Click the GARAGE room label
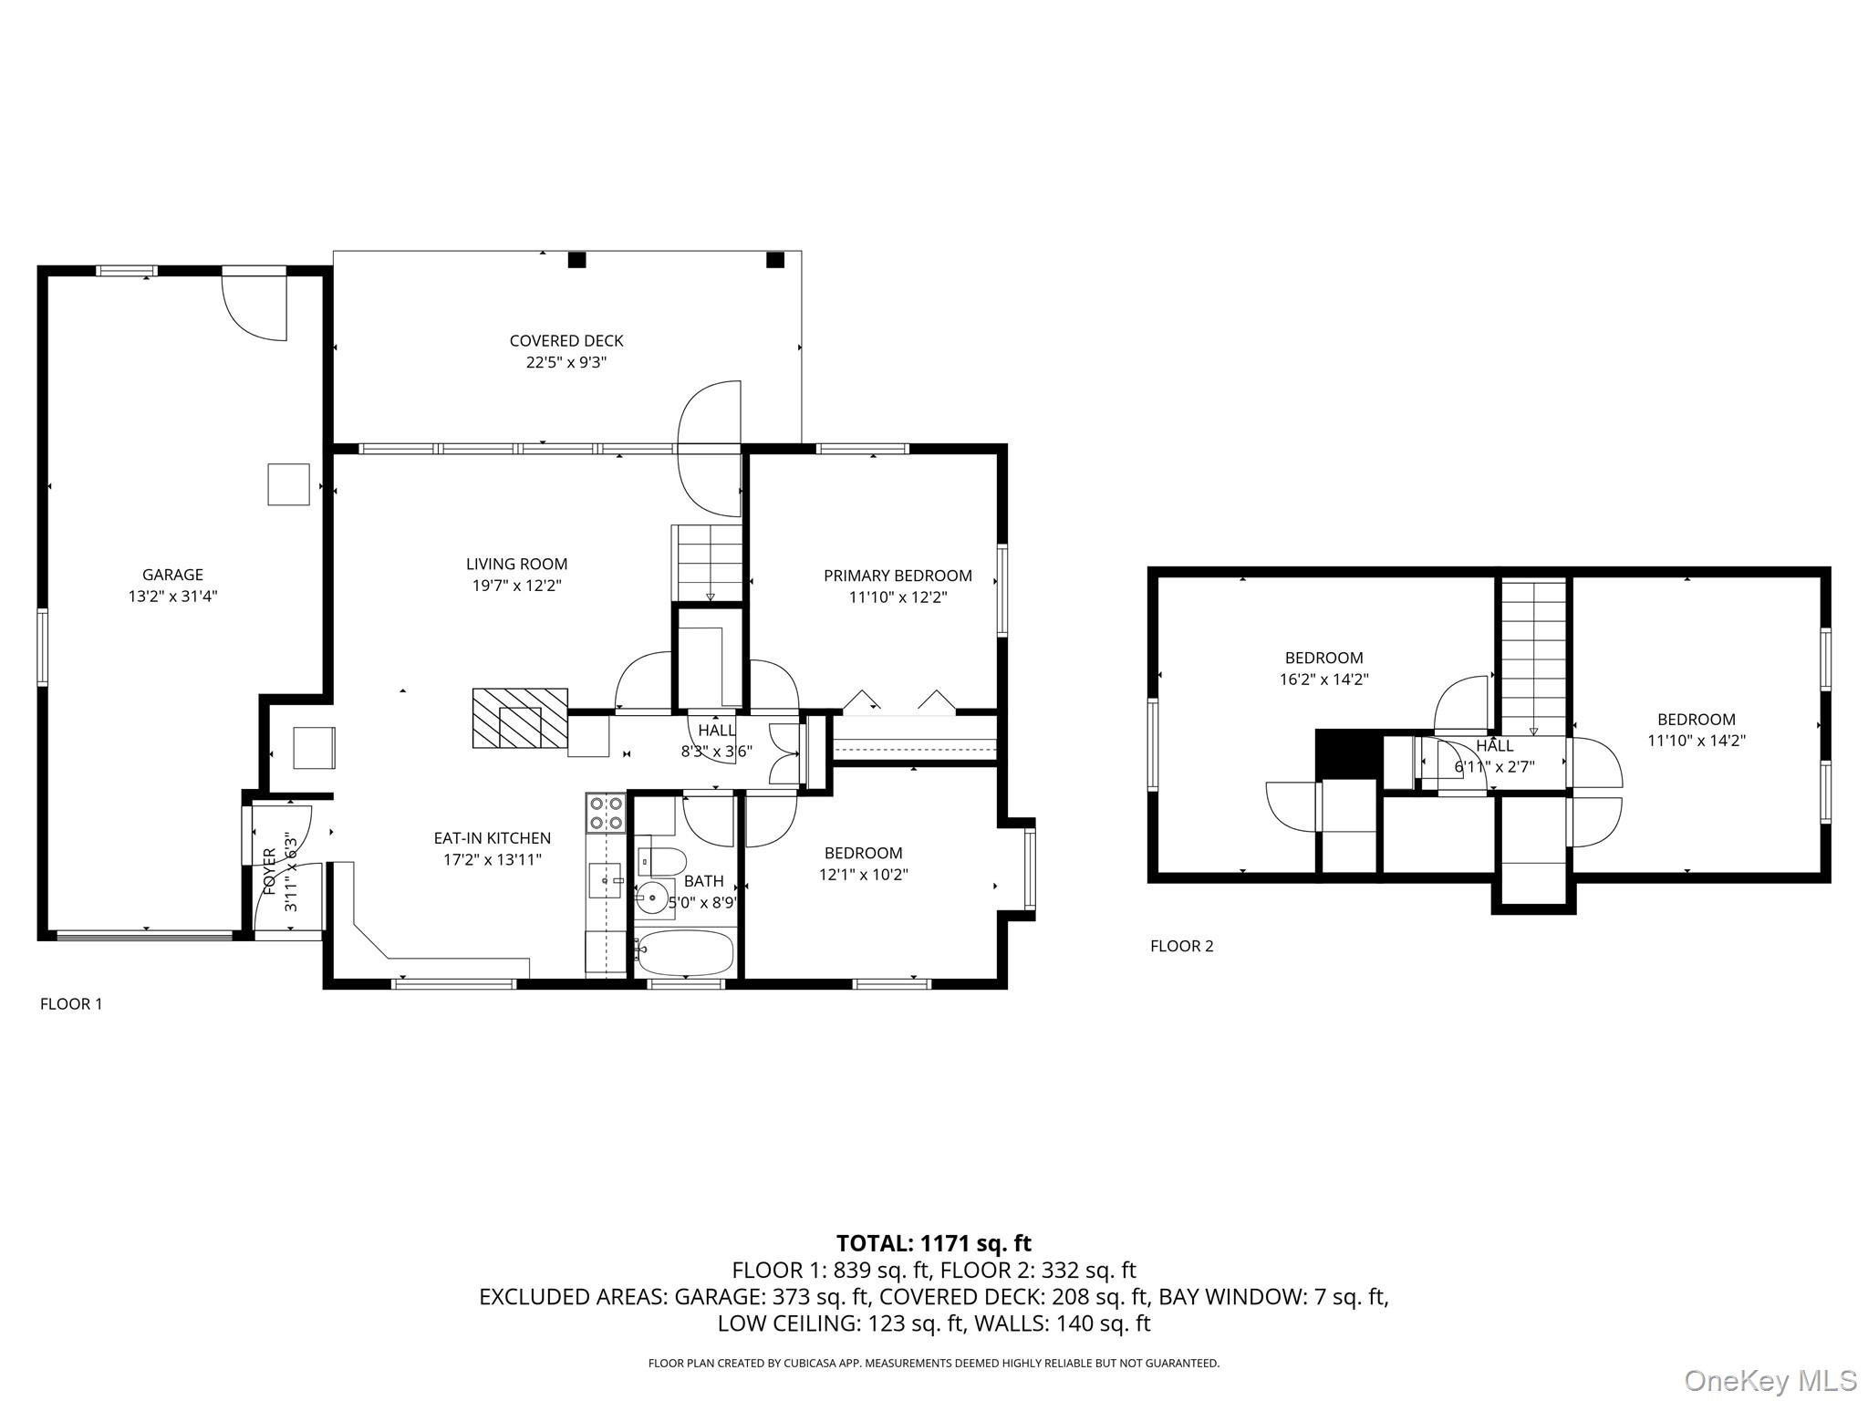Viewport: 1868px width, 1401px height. (172, 575)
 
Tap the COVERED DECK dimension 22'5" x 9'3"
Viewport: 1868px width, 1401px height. (566, 362)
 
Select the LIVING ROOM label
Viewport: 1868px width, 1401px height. (516, 564)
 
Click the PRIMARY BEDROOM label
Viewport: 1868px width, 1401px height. (898, 576)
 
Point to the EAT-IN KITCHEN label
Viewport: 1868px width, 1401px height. (492, 837)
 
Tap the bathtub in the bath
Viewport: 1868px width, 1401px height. (684, 952)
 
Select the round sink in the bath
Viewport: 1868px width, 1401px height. (651, 898)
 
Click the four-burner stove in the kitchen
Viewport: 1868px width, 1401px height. (606, 813)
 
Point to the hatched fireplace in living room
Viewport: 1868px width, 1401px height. (520, 718)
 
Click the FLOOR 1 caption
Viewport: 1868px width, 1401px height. (71, 1004)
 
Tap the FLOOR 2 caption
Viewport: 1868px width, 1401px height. (1181, 946)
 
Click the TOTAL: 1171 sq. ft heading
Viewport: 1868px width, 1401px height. (933, 1243)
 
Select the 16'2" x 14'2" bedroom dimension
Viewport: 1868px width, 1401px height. (1323, 680)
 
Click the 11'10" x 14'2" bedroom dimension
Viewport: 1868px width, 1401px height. (1696, 741)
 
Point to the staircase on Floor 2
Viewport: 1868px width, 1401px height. (1533, 657)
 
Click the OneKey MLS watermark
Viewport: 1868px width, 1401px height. (1770, 1380)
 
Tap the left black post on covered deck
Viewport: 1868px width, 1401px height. (576, 260)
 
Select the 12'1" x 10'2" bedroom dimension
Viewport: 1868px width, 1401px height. (863, 875)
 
